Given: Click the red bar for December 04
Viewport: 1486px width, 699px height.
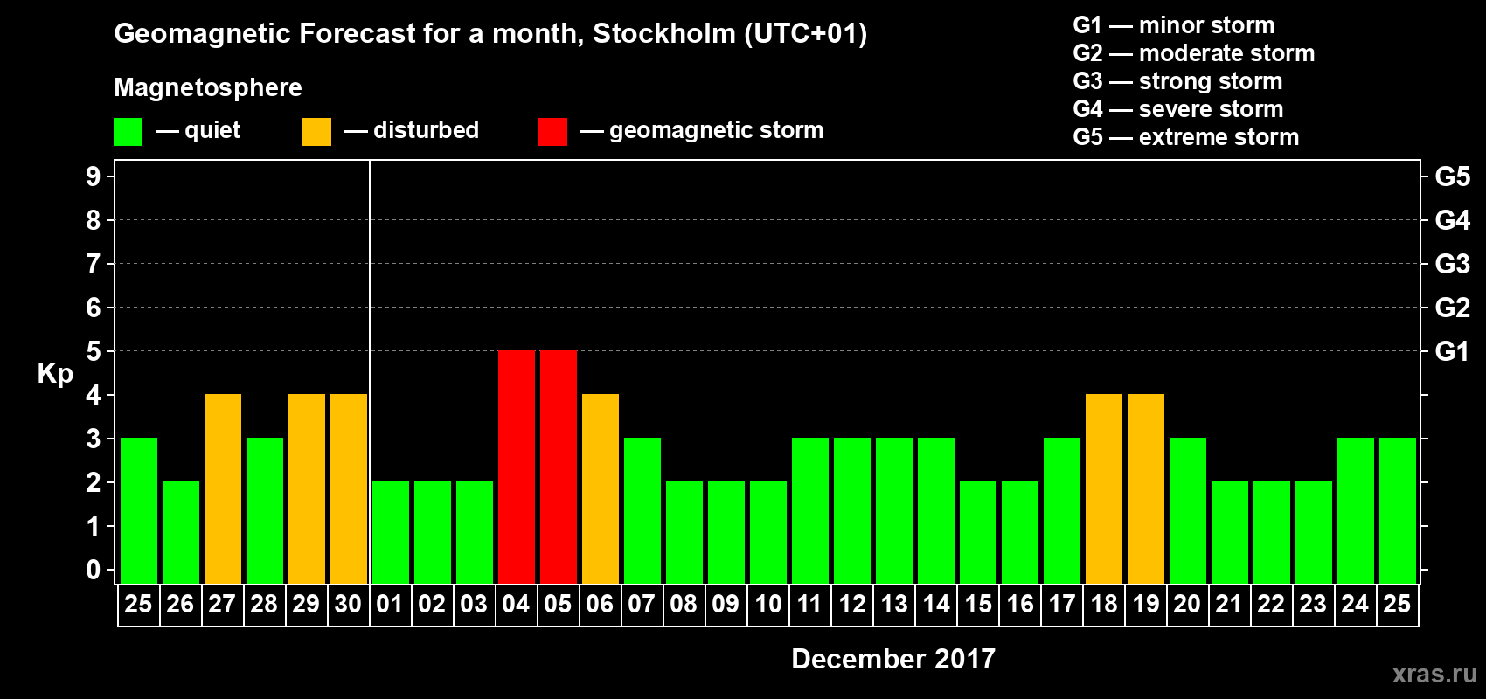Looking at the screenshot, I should [x=517, y=467].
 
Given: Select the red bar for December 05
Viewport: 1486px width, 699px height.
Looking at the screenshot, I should [x=559, y=467].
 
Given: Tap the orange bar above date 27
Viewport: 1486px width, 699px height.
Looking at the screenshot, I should [x=223, y=488].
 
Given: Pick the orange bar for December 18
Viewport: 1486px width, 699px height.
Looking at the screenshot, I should [x=1104, y=488].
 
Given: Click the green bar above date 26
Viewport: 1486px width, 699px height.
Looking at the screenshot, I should [x=181, y=532].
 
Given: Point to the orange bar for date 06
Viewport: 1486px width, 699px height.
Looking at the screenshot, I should [x=601, y=488].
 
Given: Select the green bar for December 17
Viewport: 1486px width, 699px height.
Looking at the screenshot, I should [x=1062, y=510].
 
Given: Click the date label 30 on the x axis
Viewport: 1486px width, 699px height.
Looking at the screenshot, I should [x=348, y=604].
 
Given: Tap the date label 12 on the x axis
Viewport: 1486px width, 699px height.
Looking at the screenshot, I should [x=852, y=604].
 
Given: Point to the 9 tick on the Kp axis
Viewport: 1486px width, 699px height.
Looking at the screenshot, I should [x=94, y=176].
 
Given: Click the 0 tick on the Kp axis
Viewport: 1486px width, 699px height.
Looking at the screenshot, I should [x=94, y=570].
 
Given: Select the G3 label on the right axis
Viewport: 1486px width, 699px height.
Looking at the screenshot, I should [x=1452, y=264].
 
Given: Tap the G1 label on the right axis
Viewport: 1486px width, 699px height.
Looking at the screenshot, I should [x=1452, y=351].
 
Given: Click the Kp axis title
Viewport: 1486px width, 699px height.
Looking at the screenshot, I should [x=55, y=373].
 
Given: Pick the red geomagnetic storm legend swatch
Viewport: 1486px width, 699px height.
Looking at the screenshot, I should [x=552, y=132].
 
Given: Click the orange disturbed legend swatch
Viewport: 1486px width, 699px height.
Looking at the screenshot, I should [x=316, y=132].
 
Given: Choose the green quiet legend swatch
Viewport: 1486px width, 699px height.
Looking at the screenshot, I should [x=128, y=132].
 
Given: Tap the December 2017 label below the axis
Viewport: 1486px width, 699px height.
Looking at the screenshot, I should [x=892, y=659].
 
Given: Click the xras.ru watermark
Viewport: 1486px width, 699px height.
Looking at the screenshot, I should [x=1434, y=674].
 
